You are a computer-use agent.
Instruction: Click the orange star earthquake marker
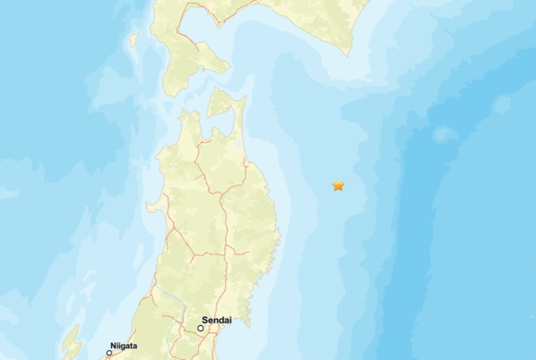[338, 185]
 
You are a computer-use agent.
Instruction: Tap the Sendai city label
[217, 320]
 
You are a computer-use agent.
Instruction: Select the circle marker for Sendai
[201, 329]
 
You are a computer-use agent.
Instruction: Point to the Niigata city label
[123, 344]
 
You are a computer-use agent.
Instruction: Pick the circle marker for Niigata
[109, 353]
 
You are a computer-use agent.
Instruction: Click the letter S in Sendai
[205, 320]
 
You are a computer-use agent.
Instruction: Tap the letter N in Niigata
[111, 344]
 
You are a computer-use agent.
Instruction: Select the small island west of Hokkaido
[133, 40]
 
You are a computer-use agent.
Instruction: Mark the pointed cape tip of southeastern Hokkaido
[349, 54]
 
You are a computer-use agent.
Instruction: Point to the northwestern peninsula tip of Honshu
[183, 113]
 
